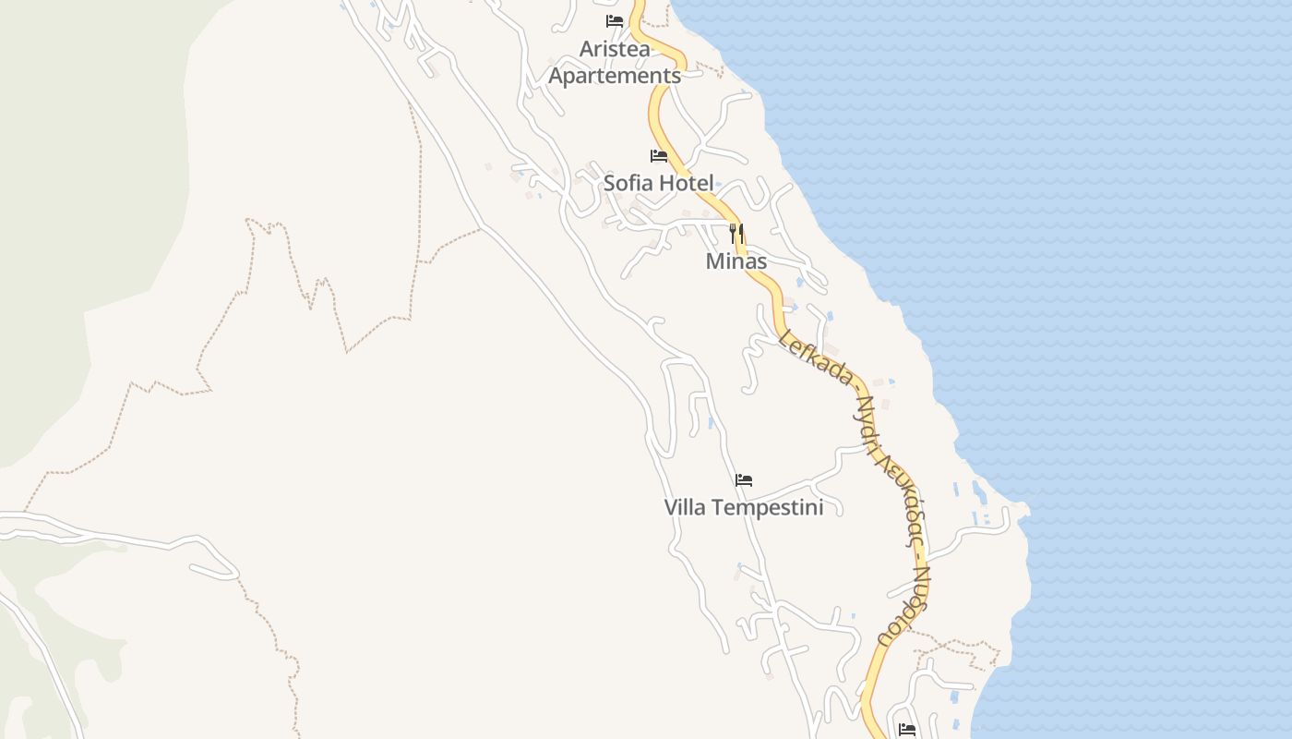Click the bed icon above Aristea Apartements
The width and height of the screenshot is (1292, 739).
click(x=615, y=21)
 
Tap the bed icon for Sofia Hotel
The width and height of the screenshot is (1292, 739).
click(x=659, y=155)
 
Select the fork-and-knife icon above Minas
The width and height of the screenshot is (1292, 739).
click(x=736, y=233)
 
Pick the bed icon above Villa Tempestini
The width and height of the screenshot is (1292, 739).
click(x=744, y=479)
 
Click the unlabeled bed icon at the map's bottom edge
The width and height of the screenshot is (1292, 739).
click(x=907, y=730)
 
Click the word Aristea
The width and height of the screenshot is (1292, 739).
click(x=615, y=49)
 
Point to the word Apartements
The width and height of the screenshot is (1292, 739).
click(x=615, y=76)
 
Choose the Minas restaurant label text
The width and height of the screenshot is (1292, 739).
click(x=736, y=261)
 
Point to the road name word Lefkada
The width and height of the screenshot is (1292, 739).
click(x=814, y=356)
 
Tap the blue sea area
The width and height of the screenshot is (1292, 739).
click(x=1107, y=277)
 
